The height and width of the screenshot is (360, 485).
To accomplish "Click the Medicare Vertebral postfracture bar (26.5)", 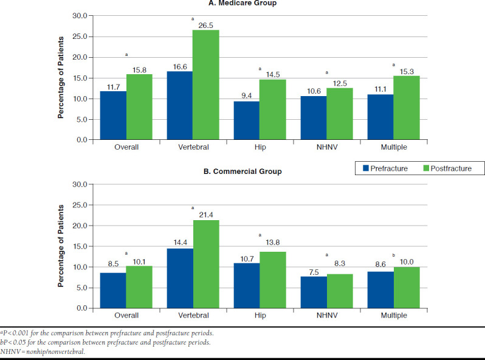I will click(206, 85).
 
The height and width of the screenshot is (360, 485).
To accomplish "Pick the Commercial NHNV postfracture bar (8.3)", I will click(340, 291).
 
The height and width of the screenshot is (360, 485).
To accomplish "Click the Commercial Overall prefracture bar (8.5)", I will click(113, 290).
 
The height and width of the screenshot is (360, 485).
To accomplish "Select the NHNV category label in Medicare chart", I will click(326, 148).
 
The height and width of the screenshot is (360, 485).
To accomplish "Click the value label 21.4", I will click(207, 214).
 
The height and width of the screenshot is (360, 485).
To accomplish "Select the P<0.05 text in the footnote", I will click(18, 342).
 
